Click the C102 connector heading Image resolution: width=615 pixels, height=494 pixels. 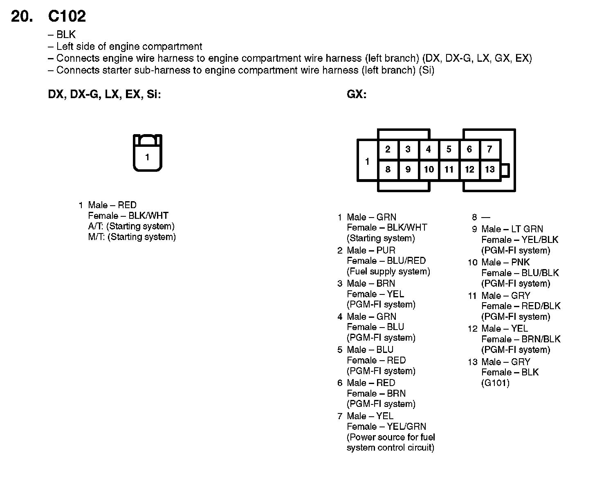(x=67, y=16)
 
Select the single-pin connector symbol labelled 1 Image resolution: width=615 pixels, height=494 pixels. (x=147, y=153)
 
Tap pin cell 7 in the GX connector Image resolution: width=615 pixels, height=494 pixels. (x=489, y=150)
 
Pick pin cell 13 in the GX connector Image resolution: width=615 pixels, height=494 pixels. (x=489, y=169)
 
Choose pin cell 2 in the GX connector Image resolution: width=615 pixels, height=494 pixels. (x=388, y=150)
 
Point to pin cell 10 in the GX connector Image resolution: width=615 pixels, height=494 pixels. (x=429, y=169)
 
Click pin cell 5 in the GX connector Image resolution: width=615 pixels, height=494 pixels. (x=449, y=150)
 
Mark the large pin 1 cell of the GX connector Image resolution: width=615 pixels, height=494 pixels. (x=367, y=161)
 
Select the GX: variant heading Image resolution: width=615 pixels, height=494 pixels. (x=357, y=94)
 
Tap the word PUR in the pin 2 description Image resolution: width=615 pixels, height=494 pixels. (x=386, y=250)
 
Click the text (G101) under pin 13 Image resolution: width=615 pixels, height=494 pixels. (x=495, y=383)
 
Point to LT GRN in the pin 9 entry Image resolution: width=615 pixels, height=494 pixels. (x=527, y=229)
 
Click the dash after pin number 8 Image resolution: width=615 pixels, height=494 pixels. (x=486, y=218)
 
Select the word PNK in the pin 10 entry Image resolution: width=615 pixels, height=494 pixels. (x=520, y=262)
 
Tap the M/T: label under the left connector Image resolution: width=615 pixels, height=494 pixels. (x=97, y=237)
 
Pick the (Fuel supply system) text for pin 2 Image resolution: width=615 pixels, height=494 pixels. (x=388, y=271)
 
